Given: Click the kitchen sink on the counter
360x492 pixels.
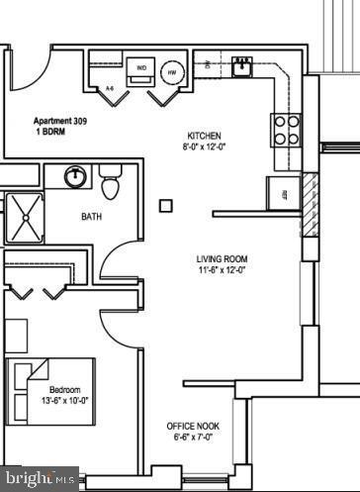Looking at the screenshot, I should coord(240,66).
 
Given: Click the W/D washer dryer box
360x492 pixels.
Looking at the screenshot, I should coord(141,69).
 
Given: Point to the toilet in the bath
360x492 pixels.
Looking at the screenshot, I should coord(110,182).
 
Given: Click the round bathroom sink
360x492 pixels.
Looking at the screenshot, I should coord(75,177).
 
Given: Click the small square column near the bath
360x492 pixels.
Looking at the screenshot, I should coord(166,206).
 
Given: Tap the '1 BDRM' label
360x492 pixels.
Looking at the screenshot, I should coord(50,130).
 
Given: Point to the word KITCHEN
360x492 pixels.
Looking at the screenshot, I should coord(204,136).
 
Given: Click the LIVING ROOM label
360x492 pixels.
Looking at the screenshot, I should coord(222,259).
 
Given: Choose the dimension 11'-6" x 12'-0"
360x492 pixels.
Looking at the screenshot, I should coord(222,270).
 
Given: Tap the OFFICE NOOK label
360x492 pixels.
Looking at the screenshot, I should coord(193,427).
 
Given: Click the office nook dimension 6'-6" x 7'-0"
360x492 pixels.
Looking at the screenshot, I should coord(193,438).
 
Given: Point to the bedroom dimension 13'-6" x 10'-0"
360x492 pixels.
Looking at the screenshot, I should coord(63,401).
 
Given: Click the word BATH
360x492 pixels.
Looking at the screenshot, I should coord(91,217).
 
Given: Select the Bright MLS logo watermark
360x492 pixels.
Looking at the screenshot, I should coord(41,479).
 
